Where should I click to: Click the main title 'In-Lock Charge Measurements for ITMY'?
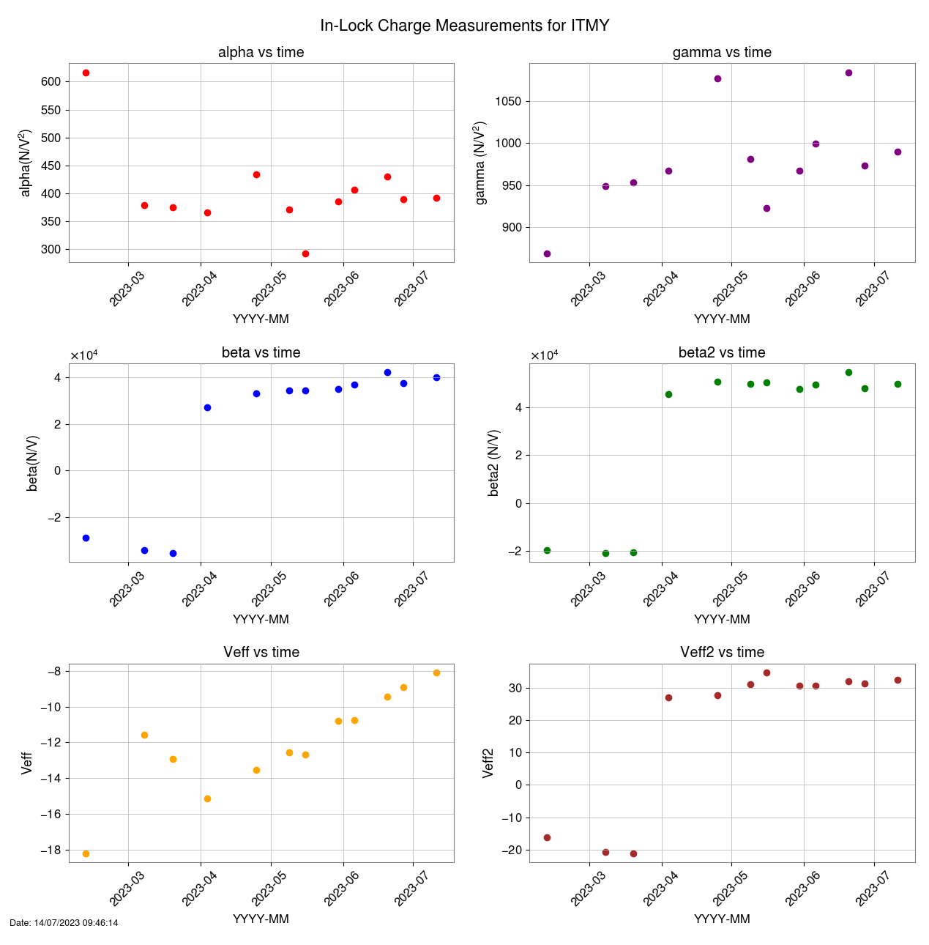(464, 26)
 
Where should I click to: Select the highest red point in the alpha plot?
(86, 73)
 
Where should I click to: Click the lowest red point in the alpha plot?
(305, 254)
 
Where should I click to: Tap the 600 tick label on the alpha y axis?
(51, 82)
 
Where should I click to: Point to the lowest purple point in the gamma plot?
(547, 254)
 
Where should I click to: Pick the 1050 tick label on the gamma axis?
(508, 102)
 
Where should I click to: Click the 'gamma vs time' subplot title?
(722, 53)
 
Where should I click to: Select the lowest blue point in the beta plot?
(173, 554)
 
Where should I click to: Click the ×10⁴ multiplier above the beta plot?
(84, 356)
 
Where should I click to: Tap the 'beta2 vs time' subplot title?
(722, 353)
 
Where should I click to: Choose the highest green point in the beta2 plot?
(848, 373)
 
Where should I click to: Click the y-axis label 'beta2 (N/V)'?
(494, 463)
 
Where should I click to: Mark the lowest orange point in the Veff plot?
(86, 854)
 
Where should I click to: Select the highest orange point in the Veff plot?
(436, 673)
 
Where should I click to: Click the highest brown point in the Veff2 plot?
(766, 673)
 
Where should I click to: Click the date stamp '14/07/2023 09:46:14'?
(64, 923)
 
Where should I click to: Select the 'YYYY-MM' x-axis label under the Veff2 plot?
(722, 919)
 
